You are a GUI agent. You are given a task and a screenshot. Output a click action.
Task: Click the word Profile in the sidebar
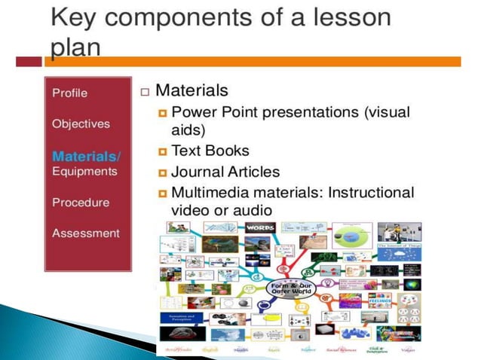[x=69, y=93]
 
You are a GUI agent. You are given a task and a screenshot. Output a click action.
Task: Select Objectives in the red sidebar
[x=81, y=124]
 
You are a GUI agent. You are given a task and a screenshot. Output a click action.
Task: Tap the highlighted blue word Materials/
[x=85, y=156]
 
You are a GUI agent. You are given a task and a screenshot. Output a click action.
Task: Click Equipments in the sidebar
[x=84, y=171]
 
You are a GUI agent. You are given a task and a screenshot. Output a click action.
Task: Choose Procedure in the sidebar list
[x=81, y=202]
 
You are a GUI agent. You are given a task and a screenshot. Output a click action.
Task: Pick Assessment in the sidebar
[x=85, y=233]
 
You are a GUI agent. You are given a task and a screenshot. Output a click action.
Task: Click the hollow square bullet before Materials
[x=145, y=92]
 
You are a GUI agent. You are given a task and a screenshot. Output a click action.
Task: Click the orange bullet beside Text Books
[x=162, y=151]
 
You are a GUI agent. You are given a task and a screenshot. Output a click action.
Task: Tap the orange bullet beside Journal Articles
[x=162, y=172]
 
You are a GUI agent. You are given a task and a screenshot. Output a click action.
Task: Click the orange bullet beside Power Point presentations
[x=162, y=113]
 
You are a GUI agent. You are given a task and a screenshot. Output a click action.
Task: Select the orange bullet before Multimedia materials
[x=162, y=194]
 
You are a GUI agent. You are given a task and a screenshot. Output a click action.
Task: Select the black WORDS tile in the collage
[x=260, y=227]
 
